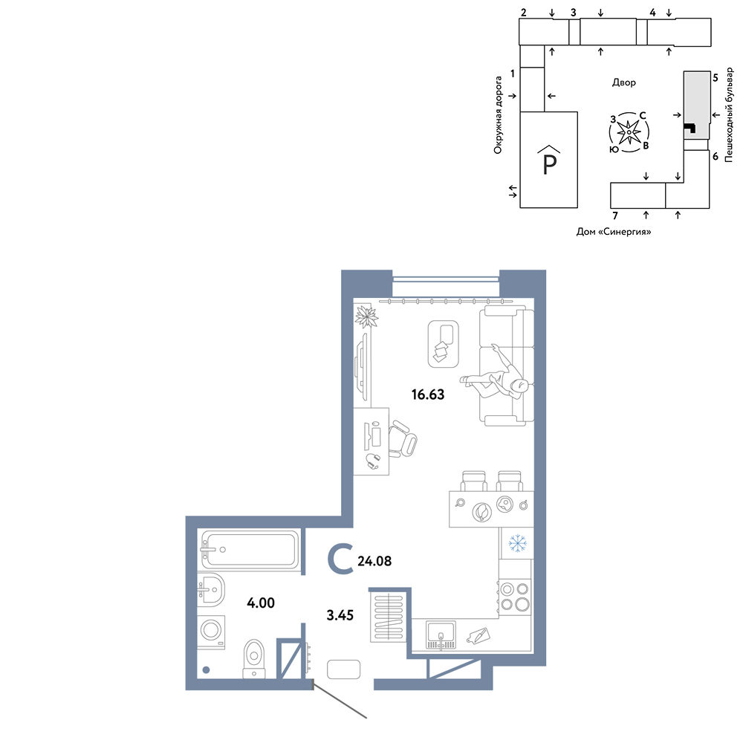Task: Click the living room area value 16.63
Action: (x=428, y=395)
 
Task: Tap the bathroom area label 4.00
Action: (x=261, y=603)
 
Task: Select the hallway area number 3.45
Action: (x=340, y=615)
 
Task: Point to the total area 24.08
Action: (x=374, y=561)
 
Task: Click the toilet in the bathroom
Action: (x=254, y=659)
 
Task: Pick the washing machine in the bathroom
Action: (x=211, y=632)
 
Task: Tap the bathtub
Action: (x=250, y=550)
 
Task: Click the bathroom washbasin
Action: (x=210, y=590)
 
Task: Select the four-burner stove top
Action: (x=515, y=597)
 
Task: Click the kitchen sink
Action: (x=441, y=635)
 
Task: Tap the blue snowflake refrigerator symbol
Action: (x=517, y=543)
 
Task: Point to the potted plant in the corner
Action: (x=366, y=316)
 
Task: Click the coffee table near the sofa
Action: (x=443, y=344)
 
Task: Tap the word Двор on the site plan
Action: (x=623, y=82)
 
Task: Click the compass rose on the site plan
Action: (x=629, y=132)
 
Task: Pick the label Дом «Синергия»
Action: (x=614, y=232)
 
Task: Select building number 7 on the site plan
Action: (x=615, y=215)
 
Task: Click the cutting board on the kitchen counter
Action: (x=478, y=635)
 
